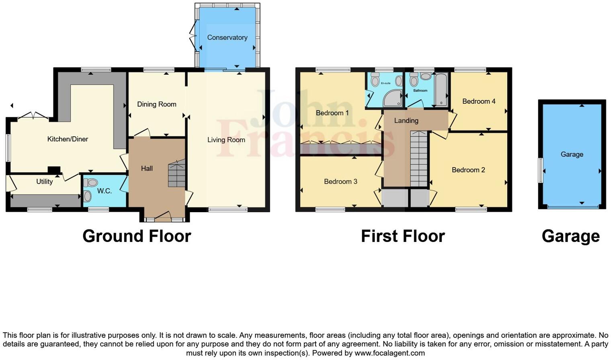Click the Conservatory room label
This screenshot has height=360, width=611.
pyautogui.click(x=227, y=37)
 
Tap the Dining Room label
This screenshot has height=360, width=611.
pyautogui.click(x=156, y=104)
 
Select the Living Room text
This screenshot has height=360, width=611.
pyautogui.click(x=226, y=140)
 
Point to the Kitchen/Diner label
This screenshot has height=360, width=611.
pyautogui.click(x=68, y=139)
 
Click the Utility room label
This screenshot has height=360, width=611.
pyautogui.click(x=44, y=182)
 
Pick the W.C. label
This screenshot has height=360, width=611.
pyautogui.click(x=104, y=191)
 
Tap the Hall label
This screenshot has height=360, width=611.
pyautogui.click(x=147, y=168)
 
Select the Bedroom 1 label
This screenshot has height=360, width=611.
pyautogui.click(x=332, y=113)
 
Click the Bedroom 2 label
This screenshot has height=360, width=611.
pyautogui.click(x=468, y=170)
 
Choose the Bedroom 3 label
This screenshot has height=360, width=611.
pyautogui.click(x=340, y=182)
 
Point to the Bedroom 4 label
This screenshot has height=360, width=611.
pyautogui.click(x=479, y=101)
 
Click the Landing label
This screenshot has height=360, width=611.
pyautogui.click(x=406, y=121)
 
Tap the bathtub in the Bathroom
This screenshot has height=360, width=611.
pyautogui.click(x=441, y=89)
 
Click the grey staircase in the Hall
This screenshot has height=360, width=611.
pyautogui.click(x=176, y=174)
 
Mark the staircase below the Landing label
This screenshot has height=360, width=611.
pyautogui.click(x=418, y=159)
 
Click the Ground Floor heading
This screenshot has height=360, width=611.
pyautogui.click(x=137, y=236)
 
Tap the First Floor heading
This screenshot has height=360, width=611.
pyautogui.click(x=403, y=236)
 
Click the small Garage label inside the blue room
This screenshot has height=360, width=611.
pyautogui.click(x=572, y=154)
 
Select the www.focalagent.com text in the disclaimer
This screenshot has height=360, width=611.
pyautogui.click(x=390, y=353)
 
